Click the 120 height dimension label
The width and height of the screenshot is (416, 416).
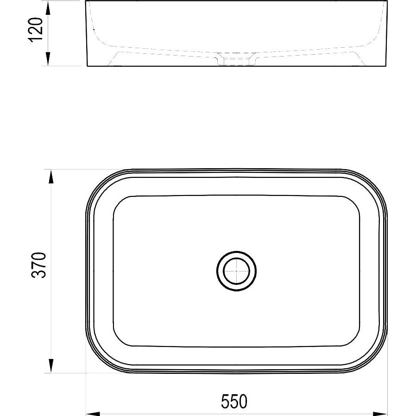35,30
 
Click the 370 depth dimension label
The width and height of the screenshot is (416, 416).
39,265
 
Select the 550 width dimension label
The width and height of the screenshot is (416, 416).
234,402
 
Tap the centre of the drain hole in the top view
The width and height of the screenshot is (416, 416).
236,271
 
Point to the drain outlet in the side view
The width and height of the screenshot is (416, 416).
236,59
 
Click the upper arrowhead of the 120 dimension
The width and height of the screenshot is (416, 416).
48,8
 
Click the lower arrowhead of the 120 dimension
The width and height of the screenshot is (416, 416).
48,59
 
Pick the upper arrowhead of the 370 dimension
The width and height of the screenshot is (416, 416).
51,176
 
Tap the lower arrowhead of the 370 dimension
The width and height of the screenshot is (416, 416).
51,366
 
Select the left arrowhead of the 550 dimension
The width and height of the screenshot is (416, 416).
94,414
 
